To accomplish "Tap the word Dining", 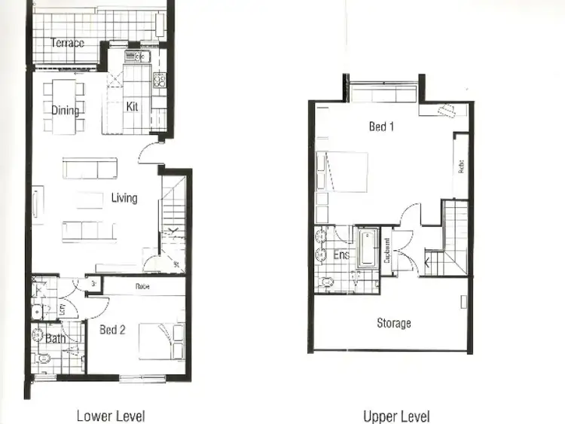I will (x=66, y=111).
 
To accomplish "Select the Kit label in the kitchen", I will (x=132, y=106).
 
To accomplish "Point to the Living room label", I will (x=124, y=198).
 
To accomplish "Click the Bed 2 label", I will (x=112, y=330).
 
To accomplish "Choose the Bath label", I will (x=55, y=339).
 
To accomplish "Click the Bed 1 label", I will (x=381, y=127).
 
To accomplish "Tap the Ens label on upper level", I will (x=341, y=255).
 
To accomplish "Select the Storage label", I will (x=393, y=323).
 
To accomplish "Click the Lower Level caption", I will (x=111, y=416).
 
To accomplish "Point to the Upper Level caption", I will (x=396, y=416).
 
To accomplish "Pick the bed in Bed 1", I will (x=343, y=172).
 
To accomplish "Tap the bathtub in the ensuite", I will (x=368, y=247).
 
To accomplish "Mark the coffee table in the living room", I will (x=90, y=200).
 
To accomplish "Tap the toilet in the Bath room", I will (x=43, y=360).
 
